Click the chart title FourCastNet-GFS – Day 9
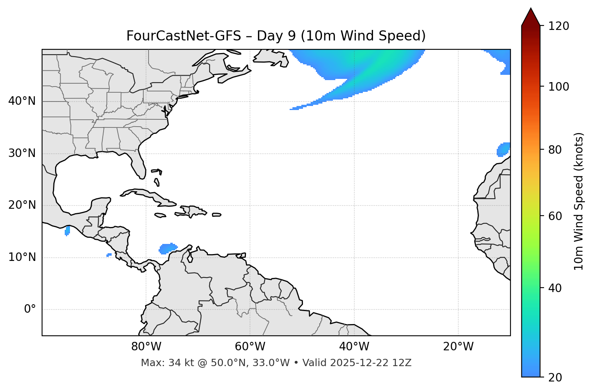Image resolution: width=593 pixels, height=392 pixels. tap(276, 36)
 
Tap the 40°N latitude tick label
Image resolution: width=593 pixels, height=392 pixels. tap(22, 101)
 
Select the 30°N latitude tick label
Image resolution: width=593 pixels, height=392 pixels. tap(22, 153)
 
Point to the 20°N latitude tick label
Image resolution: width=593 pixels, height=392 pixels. tap(22, 205)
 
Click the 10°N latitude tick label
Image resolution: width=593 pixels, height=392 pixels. tap(22, 257)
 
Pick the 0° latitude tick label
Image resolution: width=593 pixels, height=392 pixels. tap(30, 309)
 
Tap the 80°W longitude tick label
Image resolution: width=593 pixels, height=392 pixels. tap(146, 347)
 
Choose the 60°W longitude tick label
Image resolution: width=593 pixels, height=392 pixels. tap(250, 347)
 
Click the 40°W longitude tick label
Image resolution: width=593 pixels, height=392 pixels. tap(354, 347)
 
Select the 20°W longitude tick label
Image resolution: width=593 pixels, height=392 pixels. tap(458, 347)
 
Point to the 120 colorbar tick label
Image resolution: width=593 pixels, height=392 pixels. tap(559, 26)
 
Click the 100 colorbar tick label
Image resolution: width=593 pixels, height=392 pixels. tap(559, 87)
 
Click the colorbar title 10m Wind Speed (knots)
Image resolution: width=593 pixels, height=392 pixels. tap(579, 201)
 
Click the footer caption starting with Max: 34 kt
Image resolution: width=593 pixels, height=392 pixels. tap(276, 363)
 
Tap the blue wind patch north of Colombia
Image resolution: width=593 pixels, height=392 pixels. tap(168, 248)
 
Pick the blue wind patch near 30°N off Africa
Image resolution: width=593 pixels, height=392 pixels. tap(504, 149)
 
